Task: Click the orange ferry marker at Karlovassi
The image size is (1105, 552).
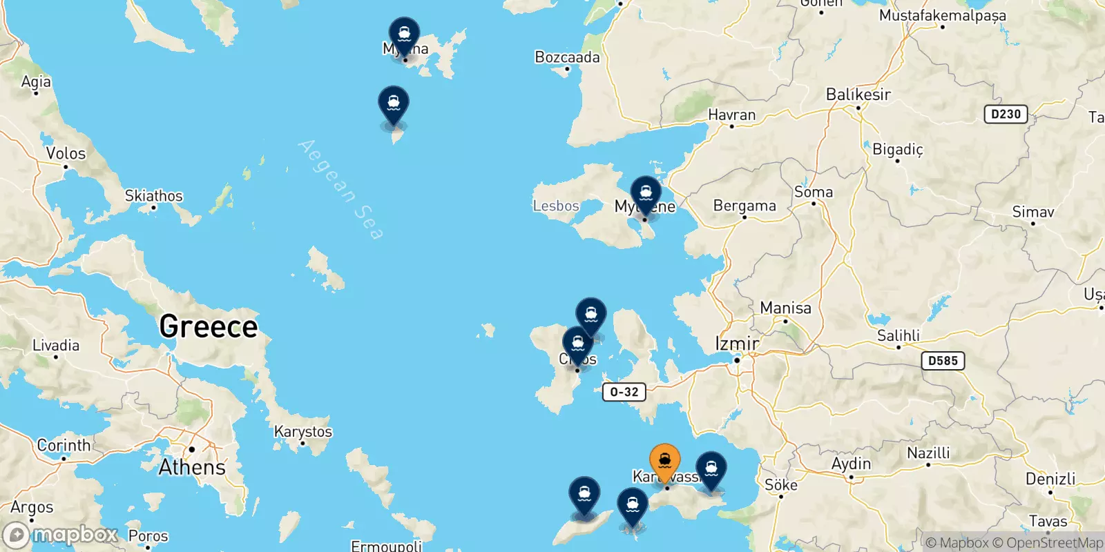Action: coord(664,461)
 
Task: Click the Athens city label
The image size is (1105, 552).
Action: coord(192,467)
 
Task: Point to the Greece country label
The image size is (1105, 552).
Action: coord(208,326)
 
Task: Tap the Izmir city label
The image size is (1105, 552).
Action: coord(736,343)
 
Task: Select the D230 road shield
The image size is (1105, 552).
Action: coord(1006,114)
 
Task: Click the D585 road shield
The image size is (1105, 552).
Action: coord(943,360)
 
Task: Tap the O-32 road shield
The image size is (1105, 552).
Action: coord(624,392)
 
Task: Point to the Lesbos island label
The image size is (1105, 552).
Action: coord(556,206)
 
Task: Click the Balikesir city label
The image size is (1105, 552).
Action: coord(858,95)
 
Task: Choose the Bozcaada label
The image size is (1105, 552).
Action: coord(567,57)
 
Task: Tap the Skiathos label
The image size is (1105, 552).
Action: coord(153,196)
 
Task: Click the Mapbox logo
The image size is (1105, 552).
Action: coord(61,535)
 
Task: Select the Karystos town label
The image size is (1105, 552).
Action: coord(302,431)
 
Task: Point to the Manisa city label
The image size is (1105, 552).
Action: coord(785,308)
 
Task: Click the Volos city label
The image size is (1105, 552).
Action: coord(66,153)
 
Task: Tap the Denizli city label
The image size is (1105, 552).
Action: coord(1050,479)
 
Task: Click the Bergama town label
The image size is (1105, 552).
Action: coord(744,206)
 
